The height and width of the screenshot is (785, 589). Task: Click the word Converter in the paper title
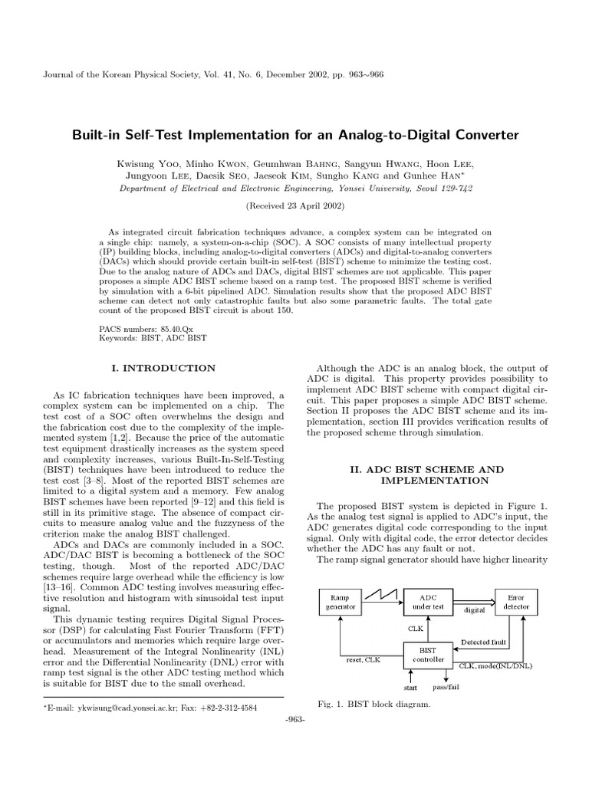478,136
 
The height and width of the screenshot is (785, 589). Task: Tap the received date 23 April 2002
294,206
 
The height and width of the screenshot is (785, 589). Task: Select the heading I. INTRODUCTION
163,369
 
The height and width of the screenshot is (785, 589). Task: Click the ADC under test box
424,602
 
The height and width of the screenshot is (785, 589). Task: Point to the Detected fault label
484,642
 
